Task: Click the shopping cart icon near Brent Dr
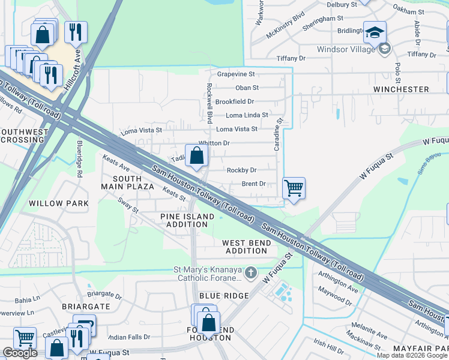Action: pos(294,188)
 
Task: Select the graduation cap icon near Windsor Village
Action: pos(375,32)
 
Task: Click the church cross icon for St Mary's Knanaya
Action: pos(250,273)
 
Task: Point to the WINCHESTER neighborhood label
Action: pos(401,89)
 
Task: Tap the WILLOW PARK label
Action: pos(59,203)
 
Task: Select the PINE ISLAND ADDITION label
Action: pos(187,220)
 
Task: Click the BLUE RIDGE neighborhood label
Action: pos(224,296)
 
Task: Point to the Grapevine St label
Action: pos(236,74)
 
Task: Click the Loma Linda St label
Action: pos(247,115)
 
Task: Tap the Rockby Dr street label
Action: pos(241,170)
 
